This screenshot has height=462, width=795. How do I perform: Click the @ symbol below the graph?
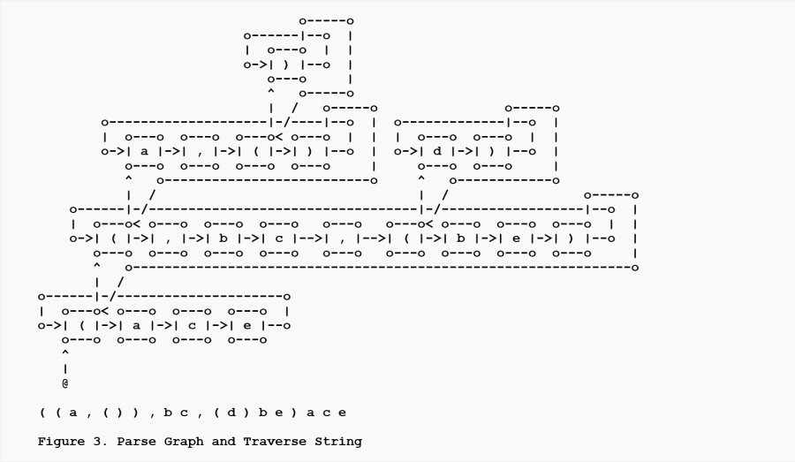(65, 384)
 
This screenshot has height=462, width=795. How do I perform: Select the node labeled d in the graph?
(436, 151)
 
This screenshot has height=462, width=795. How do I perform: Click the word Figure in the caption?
(61, 441)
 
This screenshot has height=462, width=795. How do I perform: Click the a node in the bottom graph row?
(137, 326)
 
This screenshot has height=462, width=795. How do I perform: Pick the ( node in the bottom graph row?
(81, 326)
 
